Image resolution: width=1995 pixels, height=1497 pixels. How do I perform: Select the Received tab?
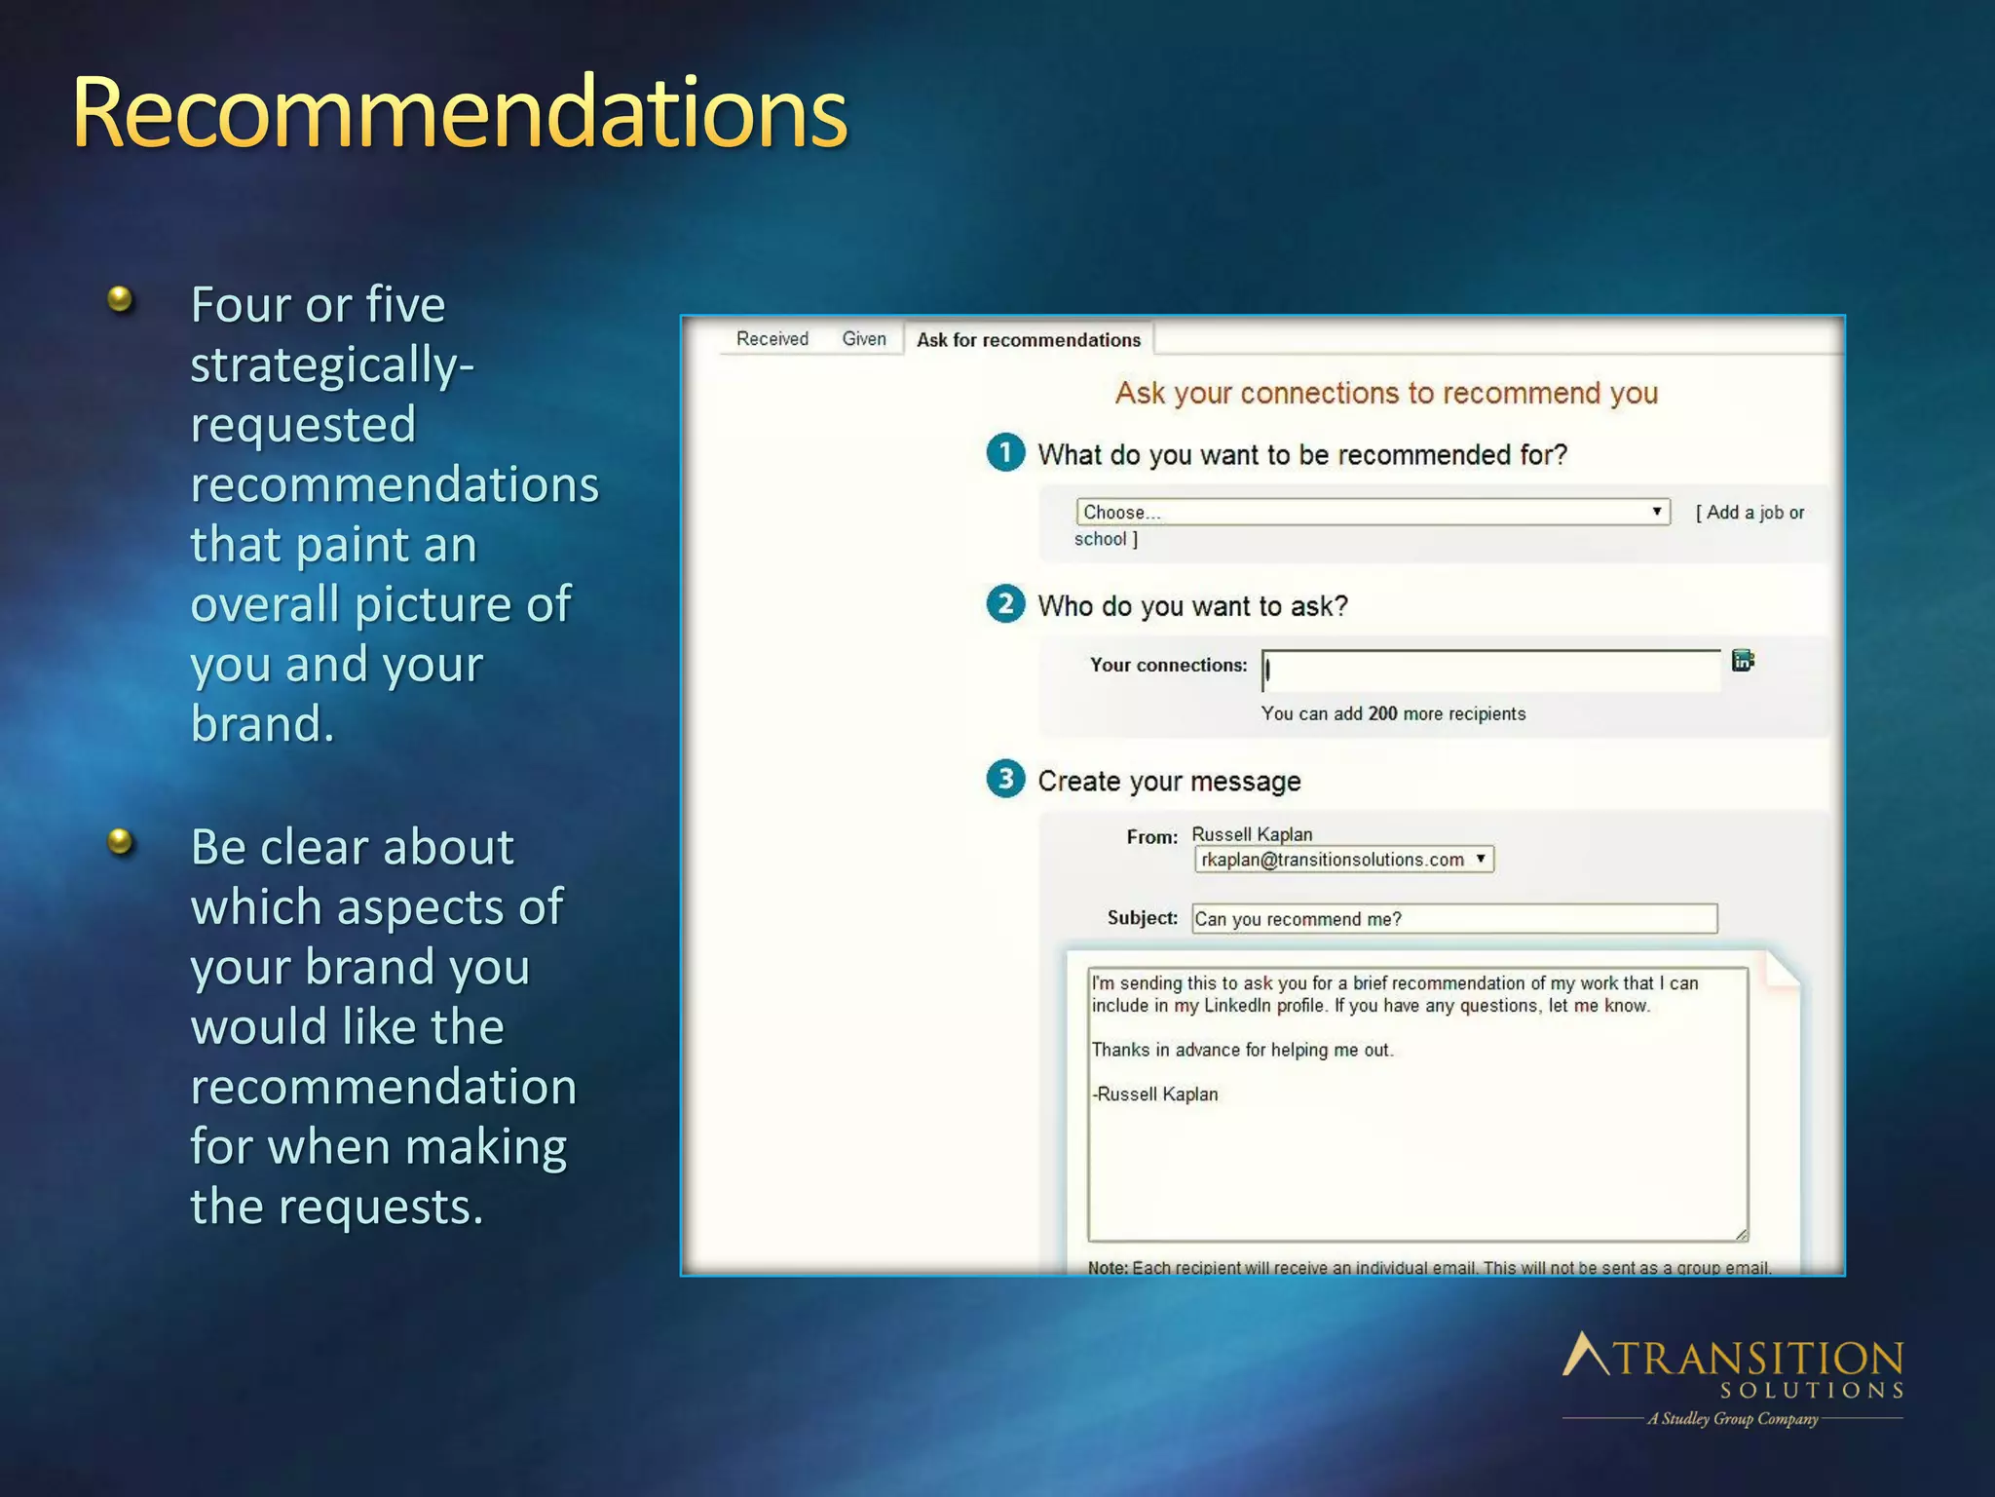(x=772, y=338)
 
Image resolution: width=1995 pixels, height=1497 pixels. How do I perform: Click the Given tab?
(x=864, y=338)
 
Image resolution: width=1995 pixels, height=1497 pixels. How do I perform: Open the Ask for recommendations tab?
(x=1028, y=339)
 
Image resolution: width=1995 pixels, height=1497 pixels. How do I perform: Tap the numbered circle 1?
(x=1005, y=453)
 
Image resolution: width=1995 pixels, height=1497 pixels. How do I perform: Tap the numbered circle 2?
(x=1005, y=604)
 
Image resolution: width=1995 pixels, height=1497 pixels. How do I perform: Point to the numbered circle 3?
(x=1005, y=779)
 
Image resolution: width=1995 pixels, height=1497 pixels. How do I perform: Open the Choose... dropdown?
(x=1372, y=512)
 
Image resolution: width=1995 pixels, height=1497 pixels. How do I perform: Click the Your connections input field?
(x=1490, y=671)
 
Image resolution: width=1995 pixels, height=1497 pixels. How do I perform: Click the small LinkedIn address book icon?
(x=1743, y=661)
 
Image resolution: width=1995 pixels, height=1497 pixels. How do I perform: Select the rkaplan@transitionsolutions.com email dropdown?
(x=1343, y=859)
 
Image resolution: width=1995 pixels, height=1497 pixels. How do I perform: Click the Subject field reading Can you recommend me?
(x=1453, y=918)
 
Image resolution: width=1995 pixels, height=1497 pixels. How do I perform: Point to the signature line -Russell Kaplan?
(x=1154, y=1094)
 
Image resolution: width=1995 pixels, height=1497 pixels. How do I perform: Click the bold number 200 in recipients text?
(x=1382, y=713)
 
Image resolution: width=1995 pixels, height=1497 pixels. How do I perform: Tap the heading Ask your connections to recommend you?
(x=1386, y=393)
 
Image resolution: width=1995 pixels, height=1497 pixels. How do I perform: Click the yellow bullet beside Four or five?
(x=120, y=298)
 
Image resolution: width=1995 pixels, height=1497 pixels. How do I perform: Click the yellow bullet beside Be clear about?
(x=120, y=840)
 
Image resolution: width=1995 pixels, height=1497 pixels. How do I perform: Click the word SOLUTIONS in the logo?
(x=1811, y=1390)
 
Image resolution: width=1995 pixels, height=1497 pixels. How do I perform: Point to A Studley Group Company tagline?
(x=1732, y=1419)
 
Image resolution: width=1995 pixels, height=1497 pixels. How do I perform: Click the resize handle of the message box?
(x=1741, y=1235)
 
